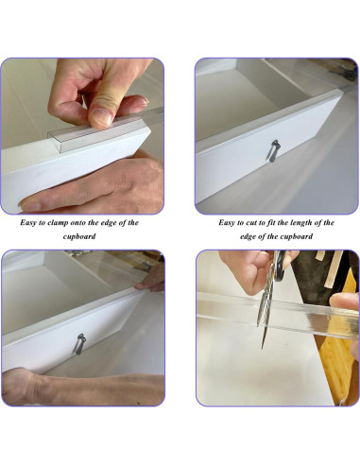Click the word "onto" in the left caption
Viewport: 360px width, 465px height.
(93, 223)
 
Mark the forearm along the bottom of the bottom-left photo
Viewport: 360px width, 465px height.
(38, 386)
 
